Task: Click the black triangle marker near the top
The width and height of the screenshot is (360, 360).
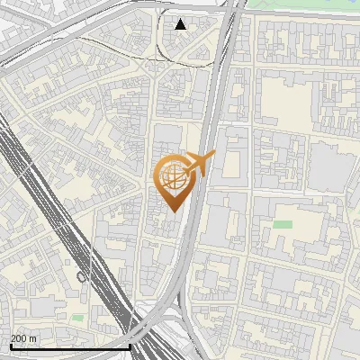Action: (181, 24)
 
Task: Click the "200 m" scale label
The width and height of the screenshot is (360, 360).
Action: (24, 338)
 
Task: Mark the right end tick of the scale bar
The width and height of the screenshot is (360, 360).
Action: (130, 345)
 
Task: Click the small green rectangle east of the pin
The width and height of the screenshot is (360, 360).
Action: (283, 224)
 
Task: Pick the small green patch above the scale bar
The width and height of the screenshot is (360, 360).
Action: (77, 317)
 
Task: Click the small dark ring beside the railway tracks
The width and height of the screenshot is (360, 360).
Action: (82, 277)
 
